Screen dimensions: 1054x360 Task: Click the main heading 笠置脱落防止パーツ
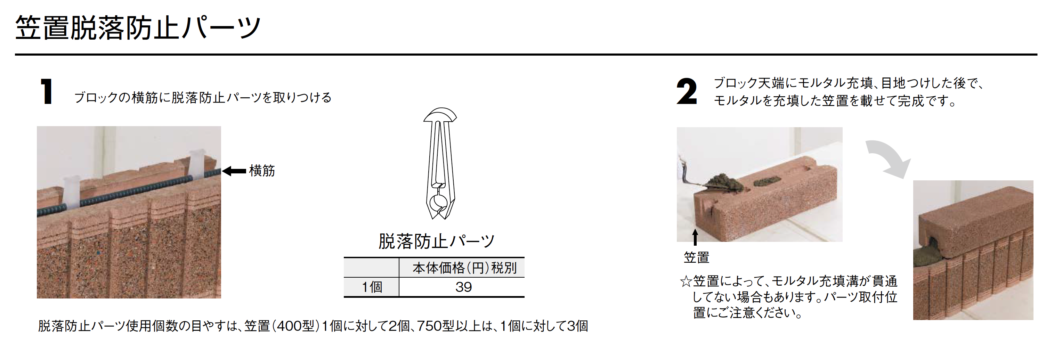[x=138, y=28]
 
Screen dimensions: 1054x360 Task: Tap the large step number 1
[x=46, y=91]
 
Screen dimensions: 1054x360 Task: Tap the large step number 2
[x=687, y=91]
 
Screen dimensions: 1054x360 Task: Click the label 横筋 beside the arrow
[x=262, y=171]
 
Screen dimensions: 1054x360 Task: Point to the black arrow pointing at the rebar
[x=234, y=171]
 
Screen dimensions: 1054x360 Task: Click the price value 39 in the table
[x=464, y=287]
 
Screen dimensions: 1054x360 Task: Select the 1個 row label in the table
[x=372, y=287]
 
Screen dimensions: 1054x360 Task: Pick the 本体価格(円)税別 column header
[x=464, y=268]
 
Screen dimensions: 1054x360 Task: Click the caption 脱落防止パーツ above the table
[x=437, y=241]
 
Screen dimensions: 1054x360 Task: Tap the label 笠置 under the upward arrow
[x=696, y=257]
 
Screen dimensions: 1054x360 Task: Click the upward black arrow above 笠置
[x=695, y=237]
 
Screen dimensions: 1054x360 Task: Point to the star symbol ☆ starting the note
[x=686, y=281]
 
